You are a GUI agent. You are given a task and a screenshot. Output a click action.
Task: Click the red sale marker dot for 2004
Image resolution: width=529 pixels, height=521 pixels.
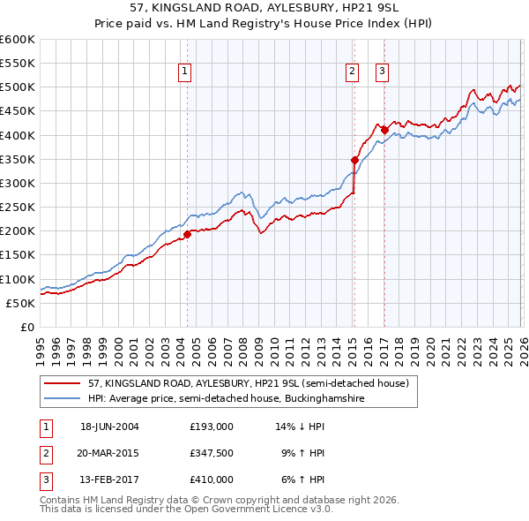[187, 235]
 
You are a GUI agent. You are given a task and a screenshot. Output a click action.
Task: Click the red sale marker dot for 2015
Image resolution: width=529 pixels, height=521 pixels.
[354, 160]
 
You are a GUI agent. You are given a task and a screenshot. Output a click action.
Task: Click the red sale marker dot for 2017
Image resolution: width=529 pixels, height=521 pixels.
[384, 130]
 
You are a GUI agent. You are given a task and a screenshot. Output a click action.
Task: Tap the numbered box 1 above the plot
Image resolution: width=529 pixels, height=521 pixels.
[186, 72]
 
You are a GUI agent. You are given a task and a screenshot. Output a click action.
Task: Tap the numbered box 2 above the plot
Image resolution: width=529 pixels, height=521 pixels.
[353, 72]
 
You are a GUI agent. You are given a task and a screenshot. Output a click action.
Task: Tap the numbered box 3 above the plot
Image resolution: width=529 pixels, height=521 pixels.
[383, 72]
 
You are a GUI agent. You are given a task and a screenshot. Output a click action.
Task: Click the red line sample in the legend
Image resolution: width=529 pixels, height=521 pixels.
[63, 384]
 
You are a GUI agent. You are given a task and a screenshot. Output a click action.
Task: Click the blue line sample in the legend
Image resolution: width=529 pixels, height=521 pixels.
[63, 399]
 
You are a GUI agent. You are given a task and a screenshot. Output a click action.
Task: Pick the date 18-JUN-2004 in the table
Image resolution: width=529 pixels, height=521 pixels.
[109, 427]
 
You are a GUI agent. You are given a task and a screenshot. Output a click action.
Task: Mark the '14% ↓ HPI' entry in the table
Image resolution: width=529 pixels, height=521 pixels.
[300, 427]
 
